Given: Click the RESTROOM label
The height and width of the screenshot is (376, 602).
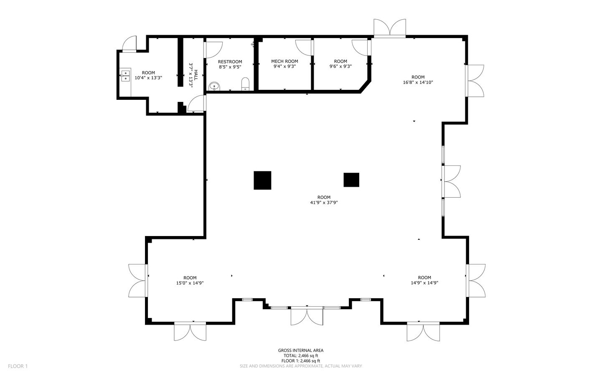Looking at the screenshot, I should (230, 62).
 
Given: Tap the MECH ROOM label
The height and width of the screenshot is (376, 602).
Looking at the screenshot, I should (284, 61).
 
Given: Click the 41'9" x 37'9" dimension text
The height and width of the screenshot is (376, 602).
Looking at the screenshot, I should (324, 203).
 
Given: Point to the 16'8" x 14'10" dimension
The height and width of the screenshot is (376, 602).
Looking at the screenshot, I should (418, 82).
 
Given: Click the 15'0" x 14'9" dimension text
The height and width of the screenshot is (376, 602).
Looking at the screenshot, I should (190, 283).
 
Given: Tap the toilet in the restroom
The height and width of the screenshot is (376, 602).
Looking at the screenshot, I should (245, 84).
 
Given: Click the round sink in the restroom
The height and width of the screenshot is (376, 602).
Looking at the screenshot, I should (214, 86).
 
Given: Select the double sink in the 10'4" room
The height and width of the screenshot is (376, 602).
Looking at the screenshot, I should (125, 75).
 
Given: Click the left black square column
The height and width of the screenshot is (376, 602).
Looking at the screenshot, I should (262, 180).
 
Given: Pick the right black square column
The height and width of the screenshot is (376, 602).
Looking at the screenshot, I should (351, 180).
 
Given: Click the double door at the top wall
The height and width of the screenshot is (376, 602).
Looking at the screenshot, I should (390, 28).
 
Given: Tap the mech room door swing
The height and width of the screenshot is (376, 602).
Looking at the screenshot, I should (304, 46).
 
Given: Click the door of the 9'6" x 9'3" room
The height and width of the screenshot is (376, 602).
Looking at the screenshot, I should (360, 46).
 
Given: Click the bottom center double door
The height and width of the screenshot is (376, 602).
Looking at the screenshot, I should (307, 315).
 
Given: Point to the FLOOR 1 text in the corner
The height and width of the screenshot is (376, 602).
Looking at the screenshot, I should (18, 366).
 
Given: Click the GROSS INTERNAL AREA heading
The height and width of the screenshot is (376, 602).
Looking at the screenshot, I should (300, 351).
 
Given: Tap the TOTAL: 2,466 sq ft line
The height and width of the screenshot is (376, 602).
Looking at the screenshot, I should (300, 356).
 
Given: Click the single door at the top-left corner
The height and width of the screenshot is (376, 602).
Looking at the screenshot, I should (130, 43).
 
